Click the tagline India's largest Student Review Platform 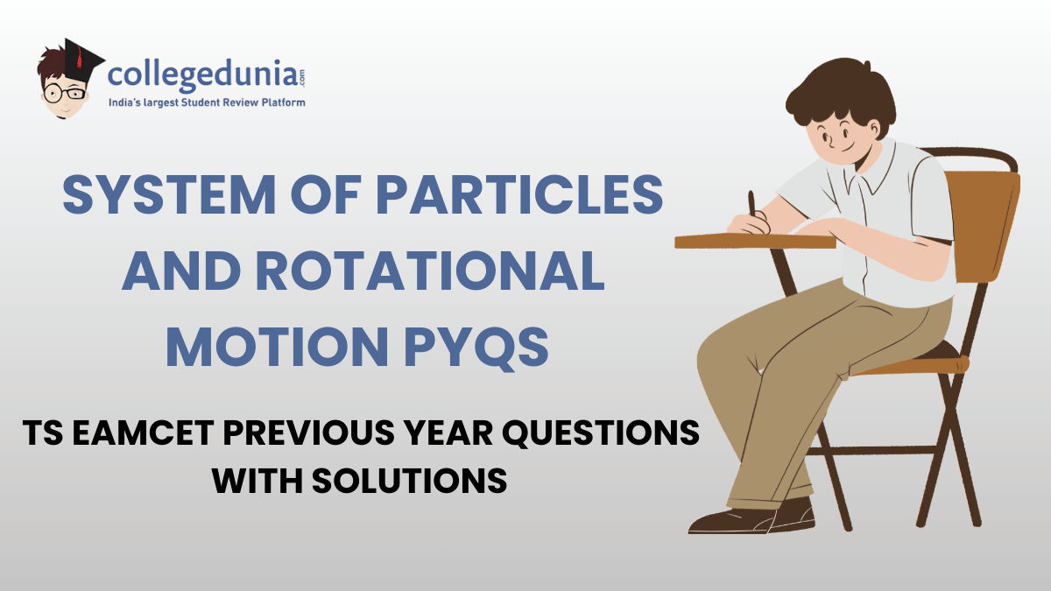pos(207,103)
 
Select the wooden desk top pos(753,240)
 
